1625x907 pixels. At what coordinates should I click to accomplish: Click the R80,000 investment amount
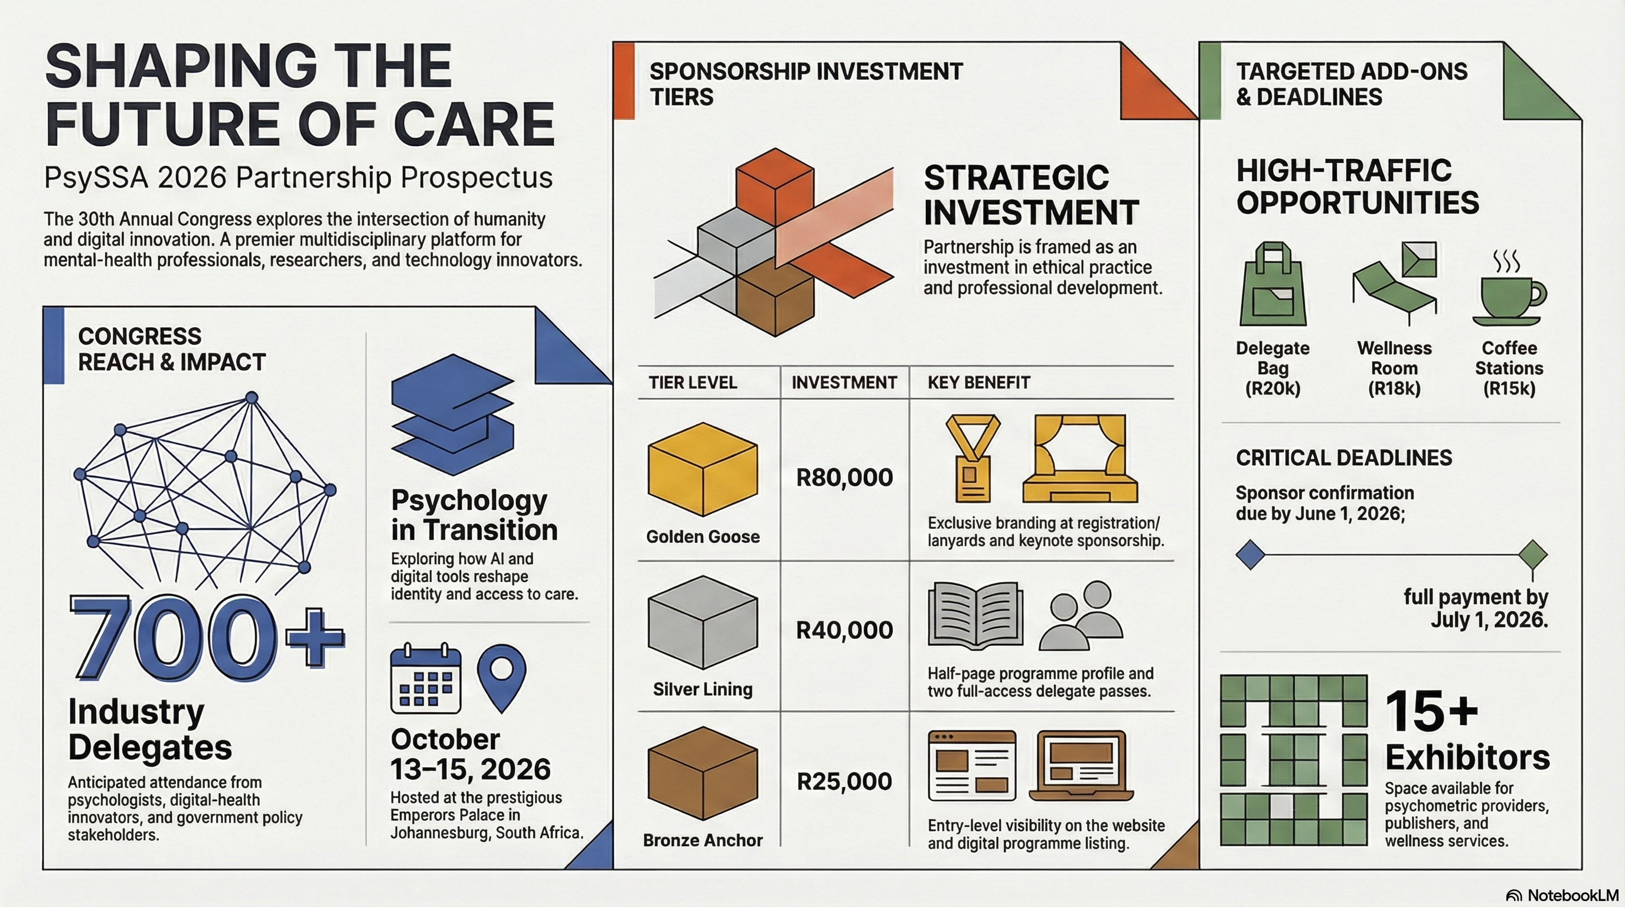(844, 478)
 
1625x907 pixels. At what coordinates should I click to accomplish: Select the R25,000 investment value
(844, 781)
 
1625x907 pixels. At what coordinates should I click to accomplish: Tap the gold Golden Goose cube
(703, 469)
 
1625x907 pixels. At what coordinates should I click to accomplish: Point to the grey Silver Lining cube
(703, 622)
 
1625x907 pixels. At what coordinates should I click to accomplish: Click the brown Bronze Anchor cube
(703, 774)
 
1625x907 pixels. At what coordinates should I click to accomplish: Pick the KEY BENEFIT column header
(978, 383)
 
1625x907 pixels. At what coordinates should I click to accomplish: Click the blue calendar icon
(426, 678)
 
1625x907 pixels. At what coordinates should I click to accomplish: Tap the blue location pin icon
(501, 677)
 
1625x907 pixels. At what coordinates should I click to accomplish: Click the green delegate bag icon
(1272, 284)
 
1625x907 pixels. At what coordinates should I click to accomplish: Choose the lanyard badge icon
(973, 458)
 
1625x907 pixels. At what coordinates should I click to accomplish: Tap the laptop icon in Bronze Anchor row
(1081, 765)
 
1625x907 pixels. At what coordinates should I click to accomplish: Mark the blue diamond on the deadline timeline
(1250, 555)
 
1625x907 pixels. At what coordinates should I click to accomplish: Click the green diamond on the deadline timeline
(1533, 555)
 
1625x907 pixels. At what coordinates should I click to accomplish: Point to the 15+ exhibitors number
(1431, 711)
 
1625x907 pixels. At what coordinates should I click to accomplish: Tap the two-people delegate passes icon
(1081, 616)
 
